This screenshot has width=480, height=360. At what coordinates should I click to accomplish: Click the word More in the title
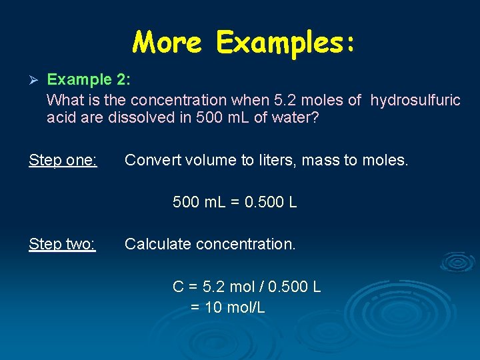pyautogui.click(x=167, y=43)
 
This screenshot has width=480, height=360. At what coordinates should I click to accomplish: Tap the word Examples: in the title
pyautogui.click(x=286, y=43)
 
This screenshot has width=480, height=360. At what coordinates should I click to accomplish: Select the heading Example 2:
pyautogui.click(x=89, y=80)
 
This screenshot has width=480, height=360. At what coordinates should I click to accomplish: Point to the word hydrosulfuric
pyautogui.click(x=415, y=100)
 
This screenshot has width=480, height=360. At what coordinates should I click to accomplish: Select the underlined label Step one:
pyautogui.click(x=63, y=160)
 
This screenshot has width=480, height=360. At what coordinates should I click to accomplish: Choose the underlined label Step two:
pyautogui.click(x=63, y=244)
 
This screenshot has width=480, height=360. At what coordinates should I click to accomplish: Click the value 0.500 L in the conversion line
pyautogui.click(x=271, y=201)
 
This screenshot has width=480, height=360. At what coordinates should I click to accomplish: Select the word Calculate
pyautogui.click(x=157, y=244)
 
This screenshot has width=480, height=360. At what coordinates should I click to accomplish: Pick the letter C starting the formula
pyautogui.click(x=178, y=287)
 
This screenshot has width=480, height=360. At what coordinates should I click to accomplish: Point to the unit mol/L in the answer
pyautogui.click(x=247, y=307)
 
